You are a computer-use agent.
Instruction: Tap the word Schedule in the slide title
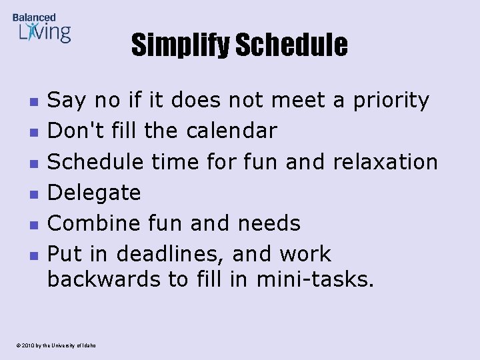point(291,45)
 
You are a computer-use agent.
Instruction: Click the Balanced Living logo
point(41,28)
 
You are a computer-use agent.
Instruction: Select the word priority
point(390,101)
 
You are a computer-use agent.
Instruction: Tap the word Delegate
point(94,193)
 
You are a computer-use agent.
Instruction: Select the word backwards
point(103,279)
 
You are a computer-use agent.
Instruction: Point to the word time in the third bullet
point(171,161)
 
